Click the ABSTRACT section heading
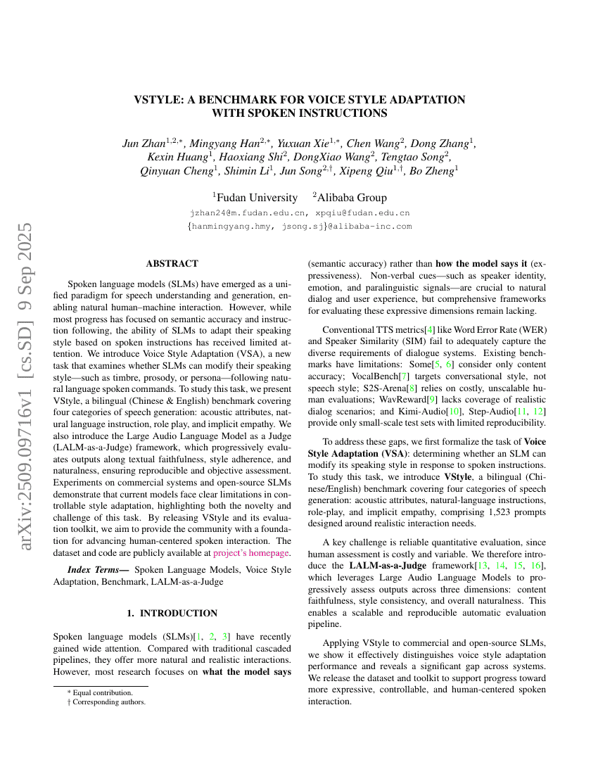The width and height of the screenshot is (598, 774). click(172, 264)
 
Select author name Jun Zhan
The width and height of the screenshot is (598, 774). click(144, 144)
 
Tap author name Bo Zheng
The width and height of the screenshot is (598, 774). click(436, 170)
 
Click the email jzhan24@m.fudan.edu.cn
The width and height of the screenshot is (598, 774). click(248, 212)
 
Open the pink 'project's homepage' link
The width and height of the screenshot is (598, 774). click(251, 553)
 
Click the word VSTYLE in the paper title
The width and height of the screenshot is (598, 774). click(158, 100)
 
